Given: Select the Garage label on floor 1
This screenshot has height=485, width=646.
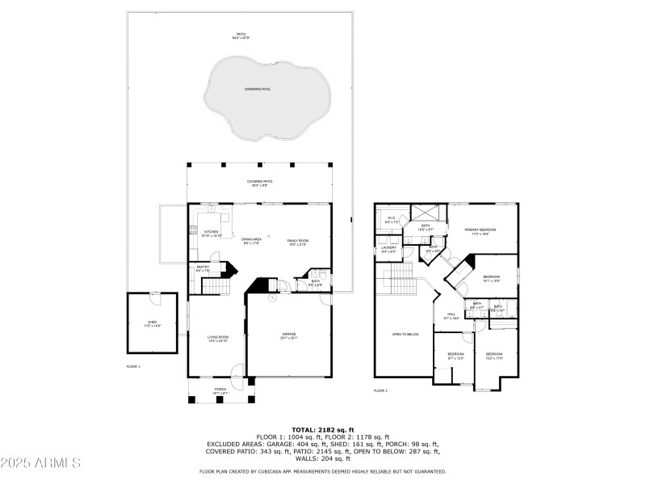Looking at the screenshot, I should pyautogui.click(x=288, y=334).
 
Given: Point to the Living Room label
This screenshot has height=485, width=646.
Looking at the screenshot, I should pyautogui.click(x=218, y=338).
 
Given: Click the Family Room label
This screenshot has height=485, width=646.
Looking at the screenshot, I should pyautogui.click(x=298, y=241).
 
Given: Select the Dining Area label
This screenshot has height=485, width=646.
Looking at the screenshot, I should pyautogui.click(x=251, y=240).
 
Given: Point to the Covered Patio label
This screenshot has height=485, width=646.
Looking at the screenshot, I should pyautogui.click(x=259, y=182).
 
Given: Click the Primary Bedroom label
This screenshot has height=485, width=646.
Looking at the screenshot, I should pyautogui.click(x=480, y=230).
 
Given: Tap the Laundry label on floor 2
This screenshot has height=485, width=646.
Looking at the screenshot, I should pyautogui.click(x=388, y=249).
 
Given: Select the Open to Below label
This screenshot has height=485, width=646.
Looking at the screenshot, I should pyautogui.click(x=405, y=334).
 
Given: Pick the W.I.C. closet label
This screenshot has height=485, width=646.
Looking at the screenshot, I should pyautogui.click(x=391, y=218).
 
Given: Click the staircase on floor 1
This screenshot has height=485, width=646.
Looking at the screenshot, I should pyautogui.click(x=215, y=287).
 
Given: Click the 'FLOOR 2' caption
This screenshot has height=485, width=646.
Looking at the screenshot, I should pyautogui.click(x=380, y=390).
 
